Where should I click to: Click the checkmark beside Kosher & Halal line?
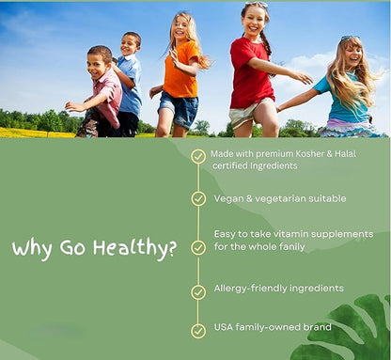198,156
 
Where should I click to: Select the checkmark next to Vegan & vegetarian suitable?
198,198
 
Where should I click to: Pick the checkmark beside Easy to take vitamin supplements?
198,247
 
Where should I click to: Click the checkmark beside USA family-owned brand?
198,330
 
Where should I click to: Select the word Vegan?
231,198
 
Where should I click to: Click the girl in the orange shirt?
180,80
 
